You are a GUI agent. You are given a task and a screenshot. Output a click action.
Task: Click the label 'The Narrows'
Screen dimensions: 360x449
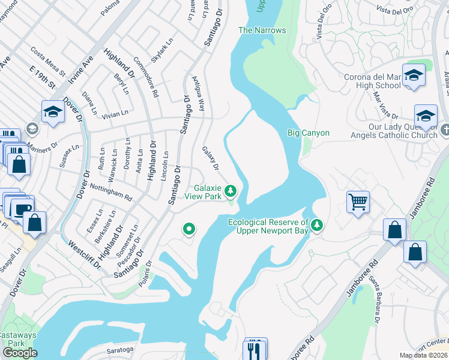coord(262,30)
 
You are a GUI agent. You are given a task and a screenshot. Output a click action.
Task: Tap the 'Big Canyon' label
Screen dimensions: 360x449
coord(308,132)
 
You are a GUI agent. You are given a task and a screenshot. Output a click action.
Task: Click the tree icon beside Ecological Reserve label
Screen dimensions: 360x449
coord(317,225)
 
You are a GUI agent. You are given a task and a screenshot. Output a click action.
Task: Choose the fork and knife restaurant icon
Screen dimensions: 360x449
coord(254,348)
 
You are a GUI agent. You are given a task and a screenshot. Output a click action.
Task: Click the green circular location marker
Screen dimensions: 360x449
coord(189,229)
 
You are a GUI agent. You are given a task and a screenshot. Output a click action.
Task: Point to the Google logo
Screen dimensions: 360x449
coord(20,353)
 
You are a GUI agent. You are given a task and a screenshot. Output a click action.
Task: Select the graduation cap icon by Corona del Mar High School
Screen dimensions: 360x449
coord(414,75)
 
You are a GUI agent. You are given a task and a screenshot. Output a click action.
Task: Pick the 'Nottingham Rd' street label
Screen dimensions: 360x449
coord(111,192)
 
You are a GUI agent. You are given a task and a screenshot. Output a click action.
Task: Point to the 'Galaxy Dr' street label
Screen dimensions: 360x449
coord(211,158)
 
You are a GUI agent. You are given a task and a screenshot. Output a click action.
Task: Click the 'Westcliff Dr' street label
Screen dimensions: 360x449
coord(82,254)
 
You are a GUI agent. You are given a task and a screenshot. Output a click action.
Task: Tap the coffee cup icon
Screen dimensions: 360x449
coord(23,209)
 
